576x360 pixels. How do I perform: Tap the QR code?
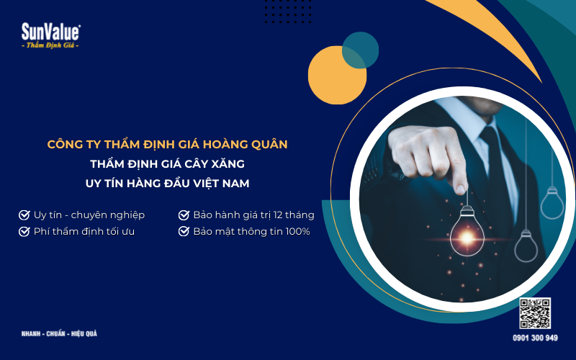[x=535, y=314]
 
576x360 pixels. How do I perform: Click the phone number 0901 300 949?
[x=535, y=338]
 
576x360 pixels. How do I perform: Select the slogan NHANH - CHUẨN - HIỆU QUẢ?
[x=59, y=334]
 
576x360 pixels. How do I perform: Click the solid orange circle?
[x=336, y=76]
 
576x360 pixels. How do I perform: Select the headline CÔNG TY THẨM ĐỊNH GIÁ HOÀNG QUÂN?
[x=167, y=145]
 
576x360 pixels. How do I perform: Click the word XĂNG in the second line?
[x=229, y=164]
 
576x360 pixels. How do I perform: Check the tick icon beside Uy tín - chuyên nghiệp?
[x=24, y=215]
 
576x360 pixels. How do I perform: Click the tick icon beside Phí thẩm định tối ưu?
[x=24, y=231]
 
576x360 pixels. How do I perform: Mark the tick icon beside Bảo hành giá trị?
[x=184, y=215]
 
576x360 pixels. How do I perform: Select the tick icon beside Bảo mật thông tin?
[x=184, y=231]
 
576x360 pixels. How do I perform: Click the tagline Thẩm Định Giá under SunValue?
[x=50, y=45]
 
